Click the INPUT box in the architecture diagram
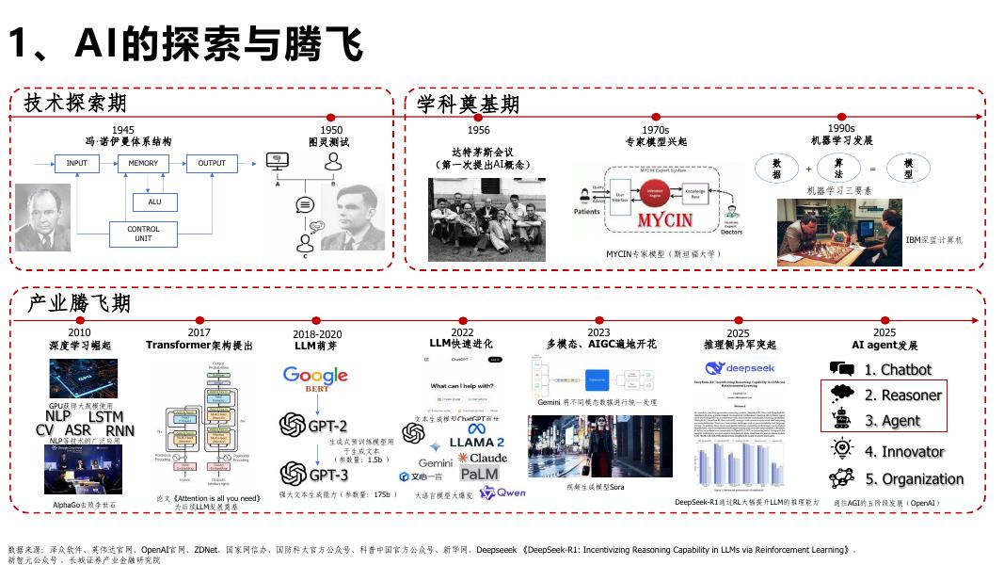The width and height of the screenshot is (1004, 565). (76, 164)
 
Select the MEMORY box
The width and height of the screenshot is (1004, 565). (143, 164)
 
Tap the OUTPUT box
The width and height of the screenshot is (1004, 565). (212, 164)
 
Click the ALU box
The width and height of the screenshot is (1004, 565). (155, 202)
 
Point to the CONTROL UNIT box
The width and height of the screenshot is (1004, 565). (143, 234)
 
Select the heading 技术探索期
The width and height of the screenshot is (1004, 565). (75, 103)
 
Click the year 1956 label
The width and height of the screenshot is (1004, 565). (478, 130)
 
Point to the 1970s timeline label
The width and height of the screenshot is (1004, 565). (656, 130)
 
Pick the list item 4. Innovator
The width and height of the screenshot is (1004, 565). (904, 452)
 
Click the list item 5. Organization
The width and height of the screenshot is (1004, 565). (914, 478)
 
